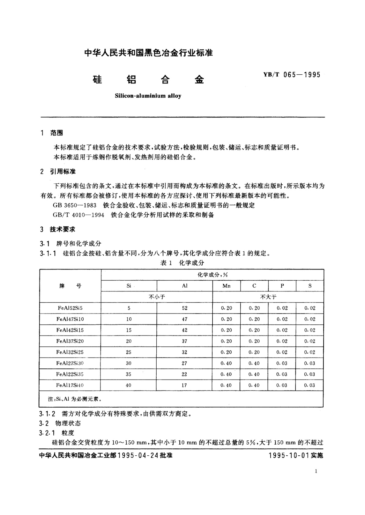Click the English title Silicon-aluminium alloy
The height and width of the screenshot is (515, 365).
coord(148,96)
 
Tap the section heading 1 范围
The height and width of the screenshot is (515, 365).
coord(52,133)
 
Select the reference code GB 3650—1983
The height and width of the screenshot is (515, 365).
coord(75,205)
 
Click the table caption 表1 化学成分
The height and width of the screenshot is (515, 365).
coord(182,263)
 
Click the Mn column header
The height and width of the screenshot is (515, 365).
coord(226,286)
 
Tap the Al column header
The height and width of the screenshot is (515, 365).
coord(184,286)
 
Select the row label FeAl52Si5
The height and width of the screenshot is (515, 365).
coord(70,308)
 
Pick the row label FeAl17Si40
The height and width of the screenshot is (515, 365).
coord(70,385)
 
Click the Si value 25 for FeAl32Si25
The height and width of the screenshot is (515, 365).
coord(129,352)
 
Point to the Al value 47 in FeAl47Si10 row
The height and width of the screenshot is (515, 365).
coord(184,319)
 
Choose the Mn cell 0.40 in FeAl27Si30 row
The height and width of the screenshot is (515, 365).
coord(226,363)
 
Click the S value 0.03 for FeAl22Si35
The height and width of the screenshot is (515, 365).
coord(310,374)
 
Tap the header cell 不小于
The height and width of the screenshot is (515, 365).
coord(157,297)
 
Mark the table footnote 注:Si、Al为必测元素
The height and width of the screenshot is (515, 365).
coord(74,399)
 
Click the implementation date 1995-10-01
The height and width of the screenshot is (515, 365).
coord(289,455)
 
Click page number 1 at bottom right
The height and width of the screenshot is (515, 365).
coord(316,471)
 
